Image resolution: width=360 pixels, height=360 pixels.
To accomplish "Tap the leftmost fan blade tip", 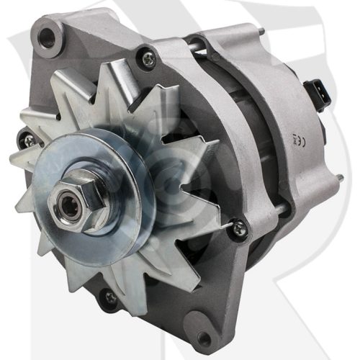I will pyautogui.click(x=16, y=160).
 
